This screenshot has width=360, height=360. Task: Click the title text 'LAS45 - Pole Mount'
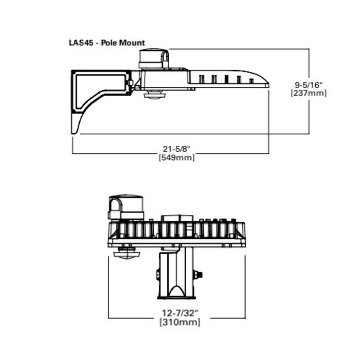coord(107,43)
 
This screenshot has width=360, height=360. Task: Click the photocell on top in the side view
coord(153,58)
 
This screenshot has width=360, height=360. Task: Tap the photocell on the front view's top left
coord(125,207)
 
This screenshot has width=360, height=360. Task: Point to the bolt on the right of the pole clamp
coord(199,275)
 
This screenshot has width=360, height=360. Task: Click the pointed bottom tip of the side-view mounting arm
coord(75,131)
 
